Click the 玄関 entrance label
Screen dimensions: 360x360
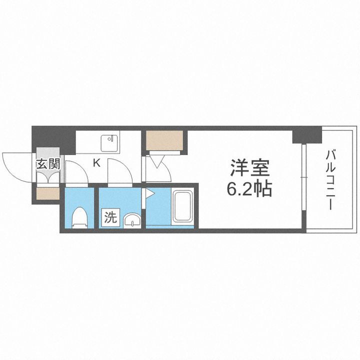pos(47,163)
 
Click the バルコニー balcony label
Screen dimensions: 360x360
pos(330,180)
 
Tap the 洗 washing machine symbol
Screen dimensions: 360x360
pos(110,217)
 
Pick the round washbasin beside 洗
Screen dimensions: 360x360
pos(132,220)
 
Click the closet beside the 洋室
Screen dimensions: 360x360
pos(164,140)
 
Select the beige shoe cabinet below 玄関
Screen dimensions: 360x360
pos(47,193)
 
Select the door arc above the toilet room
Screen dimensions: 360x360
pos(76,172)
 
